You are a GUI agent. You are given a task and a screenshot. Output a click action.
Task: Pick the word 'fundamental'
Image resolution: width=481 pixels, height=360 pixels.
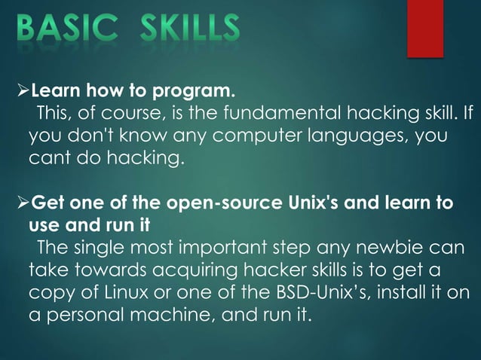282,114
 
